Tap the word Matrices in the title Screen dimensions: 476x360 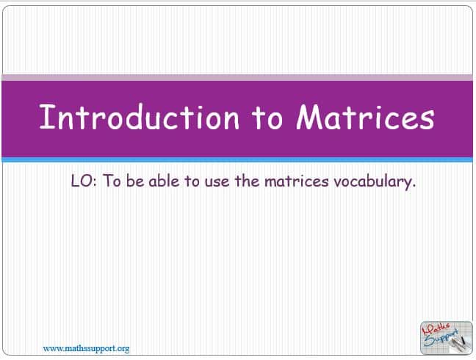pos(365,118)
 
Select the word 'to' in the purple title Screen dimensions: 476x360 pos(267,119)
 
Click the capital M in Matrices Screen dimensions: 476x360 pos(311,117)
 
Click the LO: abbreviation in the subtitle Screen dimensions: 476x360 pos(84,181)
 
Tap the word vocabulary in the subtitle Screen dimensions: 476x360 pos(373,182)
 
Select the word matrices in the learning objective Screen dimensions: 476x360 pos(297,181)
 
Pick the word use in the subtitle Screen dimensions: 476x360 pos(217,182)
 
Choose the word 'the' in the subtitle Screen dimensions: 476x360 pos(247,181)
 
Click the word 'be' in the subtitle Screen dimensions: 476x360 pos(135,181)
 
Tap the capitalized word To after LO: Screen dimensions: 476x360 pos(112,181)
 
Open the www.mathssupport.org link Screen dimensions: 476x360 pos(86,349)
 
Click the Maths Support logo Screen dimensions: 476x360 pos(447,338)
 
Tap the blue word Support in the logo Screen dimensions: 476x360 pos(441,339)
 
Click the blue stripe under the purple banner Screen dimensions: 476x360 pos(237,159)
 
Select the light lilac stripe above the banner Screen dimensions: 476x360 pos(237,77)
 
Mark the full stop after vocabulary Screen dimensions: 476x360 pos(414,187)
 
